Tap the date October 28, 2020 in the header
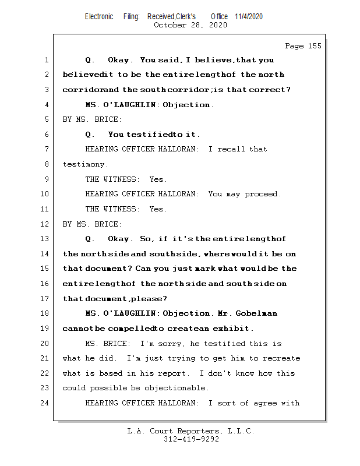tap(190, 25)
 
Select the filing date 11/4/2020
tap(249, 16)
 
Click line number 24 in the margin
tap(46, 403)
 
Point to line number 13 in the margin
tap(46, 239)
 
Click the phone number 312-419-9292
tap(191, 440)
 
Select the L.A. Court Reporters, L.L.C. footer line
tap(190, 432)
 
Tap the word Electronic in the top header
tap(99, 16)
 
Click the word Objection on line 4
tap(188, 105)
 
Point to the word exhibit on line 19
tap(233, 329)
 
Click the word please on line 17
tap(148, 299)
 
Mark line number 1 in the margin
tap(46, 60)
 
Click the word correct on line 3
tap(269, 90)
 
